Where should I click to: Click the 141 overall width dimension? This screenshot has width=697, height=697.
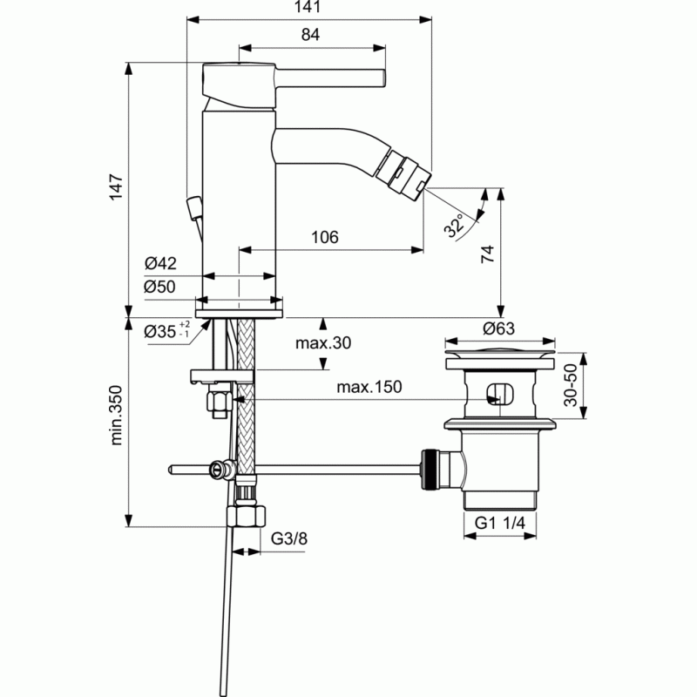click(x=308, y=7)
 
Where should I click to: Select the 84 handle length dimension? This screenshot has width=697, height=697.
click(x=310, y=35)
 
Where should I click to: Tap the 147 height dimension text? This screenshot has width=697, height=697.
click(x=116, y=187)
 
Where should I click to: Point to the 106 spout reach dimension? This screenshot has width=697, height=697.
click(x=324, y=237)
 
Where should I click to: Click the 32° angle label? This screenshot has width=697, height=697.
click(x=453, y=226)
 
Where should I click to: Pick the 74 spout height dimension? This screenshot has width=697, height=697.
click(x=488, y=254)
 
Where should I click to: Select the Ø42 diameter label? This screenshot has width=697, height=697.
click(x=160, y=263)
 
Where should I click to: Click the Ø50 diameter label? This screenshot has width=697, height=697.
click(x=159, y=287)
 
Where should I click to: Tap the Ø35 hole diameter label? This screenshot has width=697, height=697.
click(x=167, y=330)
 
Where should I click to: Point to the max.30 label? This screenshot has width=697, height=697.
click(x=323, y=342)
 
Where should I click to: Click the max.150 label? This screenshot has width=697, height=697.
click(x=369, y=387)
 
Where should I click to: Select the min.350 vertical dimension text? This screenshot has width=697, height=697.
click(x=116, y=416)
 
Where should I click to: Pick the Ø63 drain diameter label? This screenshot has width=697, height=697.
click(x=498, y=328)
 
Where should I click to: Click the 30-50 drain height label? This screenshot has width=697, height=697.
click(x=571, y=385)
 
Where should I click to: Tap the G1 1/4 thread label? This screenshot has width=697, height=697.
click(x=499, y=523)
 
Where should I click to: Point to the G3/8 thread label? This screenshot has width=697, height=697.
click(x=289, y=538)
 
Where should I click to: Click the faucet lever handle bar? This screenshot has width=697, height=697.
click(x=330, y=78)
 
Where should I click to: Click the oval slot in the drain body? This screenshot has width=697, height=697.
click(x=500, y=394)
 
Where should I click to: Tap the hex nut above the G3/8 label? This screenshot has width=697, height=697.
click(x=247, y=516)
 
